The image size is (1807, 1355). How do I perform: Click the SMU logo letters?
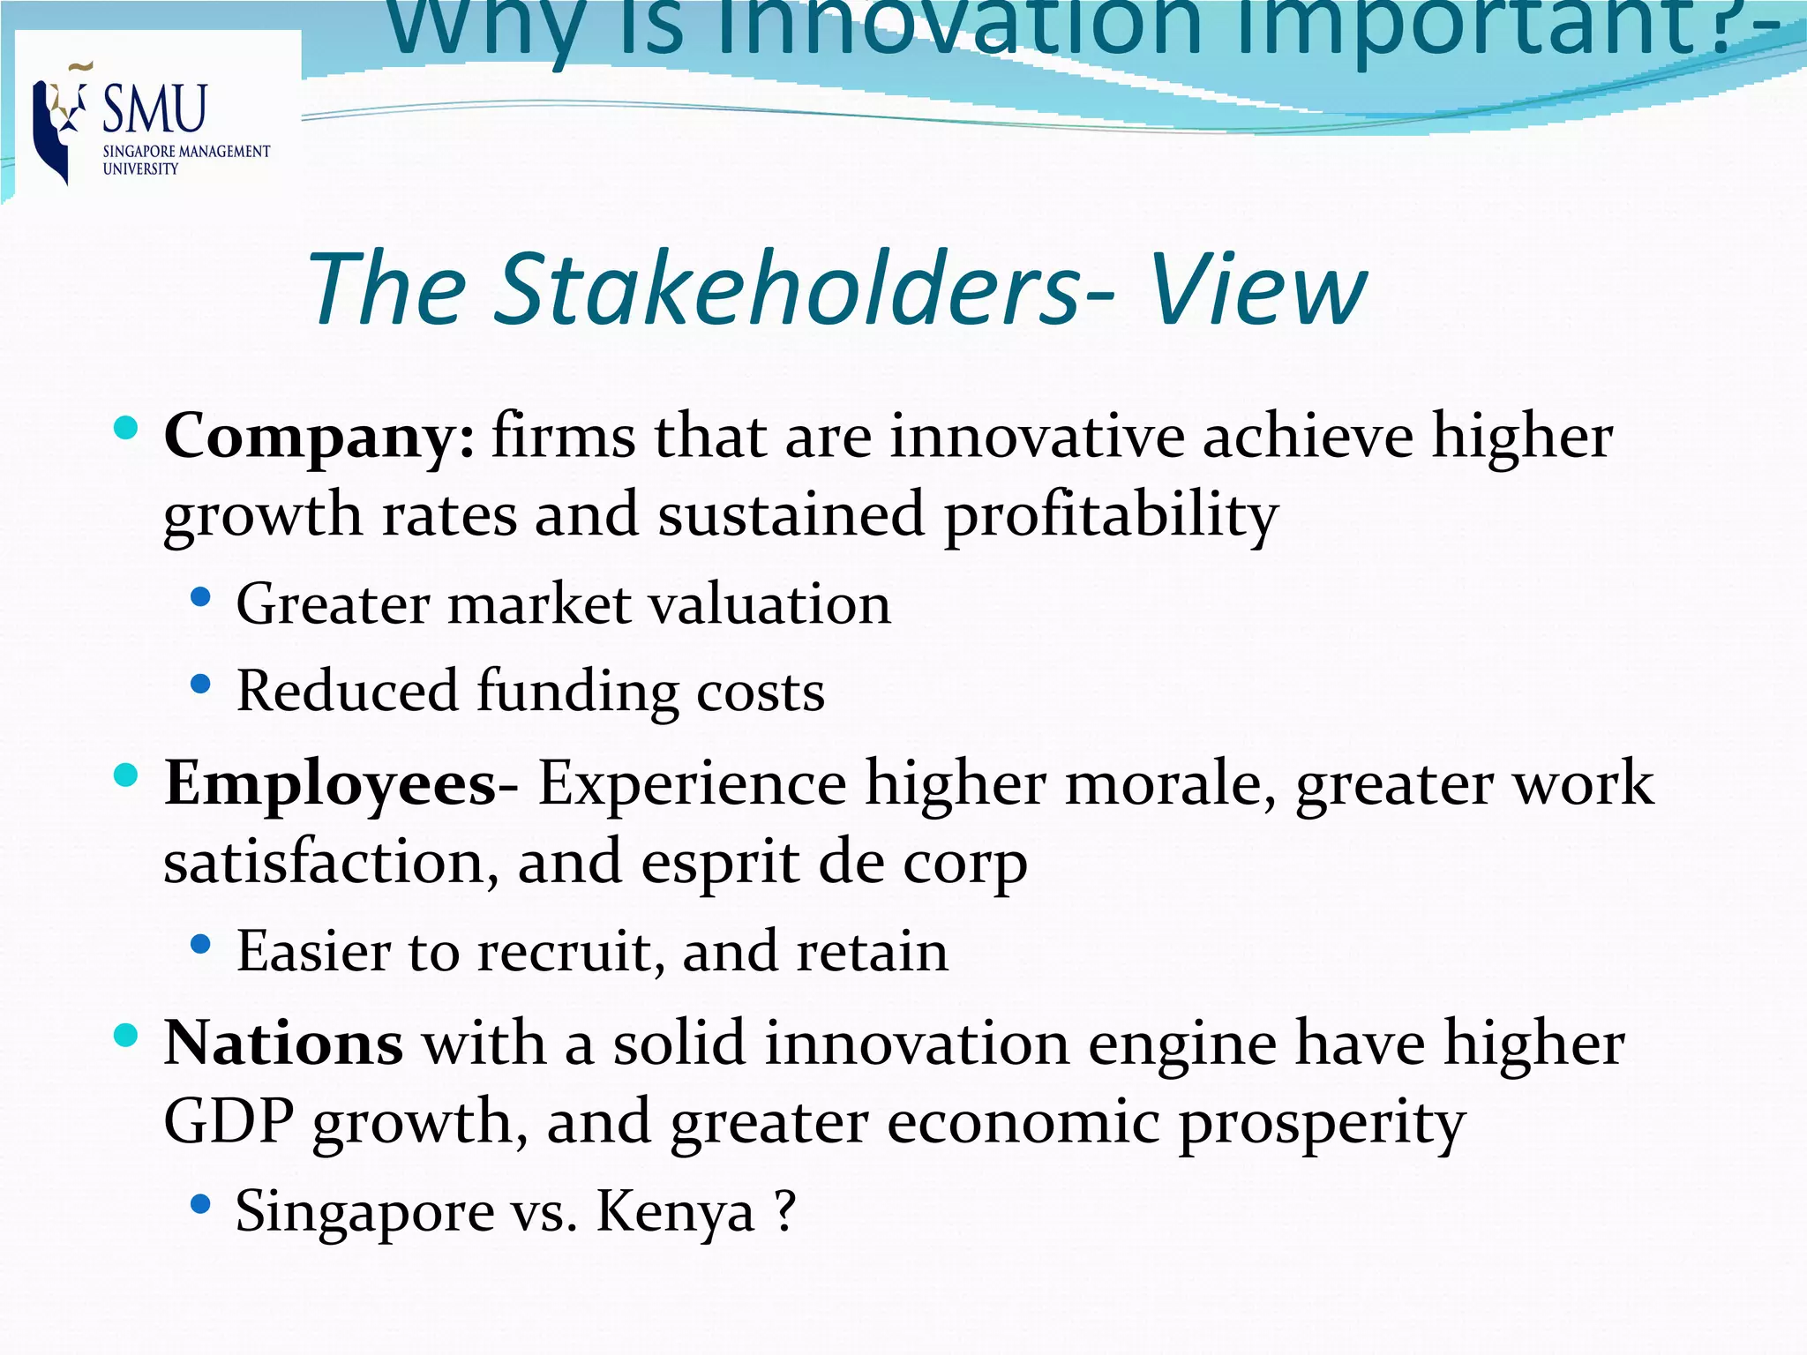click(154, 109)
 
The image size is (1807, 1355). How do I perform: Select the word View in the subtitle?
click(1258, 288)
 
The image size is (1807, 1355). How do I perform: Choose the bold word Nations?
click(284, 1044)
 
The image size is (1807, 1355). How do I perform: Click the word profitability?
click(1111, 516)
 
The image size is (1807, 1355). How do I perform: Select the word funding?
click(578, 692)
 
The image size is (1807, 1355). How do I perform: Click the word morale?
click(1170, 784)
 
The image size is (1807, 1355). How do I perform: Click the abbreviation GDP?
click(229, 1122)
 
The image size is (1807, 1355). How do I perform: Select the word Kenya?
click(676, 1212)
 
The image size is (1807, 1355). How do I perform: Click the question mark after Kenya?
click(785, 1210)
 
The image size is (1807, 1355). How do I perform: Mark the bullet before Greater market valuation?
click(201, 598)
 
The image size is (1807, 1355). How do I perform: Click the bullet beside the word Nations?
click(126, 1035)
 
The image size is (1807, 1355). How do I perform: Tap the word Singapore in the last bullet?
click(364, 1212)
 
